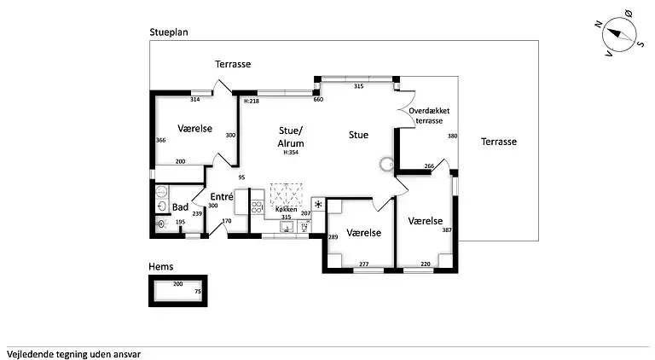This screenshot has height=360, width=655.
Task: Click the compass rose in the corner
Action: tap(621, 38)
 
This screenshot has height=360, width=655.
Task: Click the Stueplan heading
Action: tap(169, 32)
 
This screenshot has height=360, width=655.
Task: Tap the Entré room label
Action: tap(222, 196)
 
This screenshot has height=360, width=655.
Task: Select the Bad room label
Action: tap(180, 206)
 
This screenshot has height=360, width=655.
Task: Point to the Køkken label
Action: tap(286, 209)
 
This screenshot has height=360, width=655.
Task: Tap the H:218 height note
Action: tap(252, 101)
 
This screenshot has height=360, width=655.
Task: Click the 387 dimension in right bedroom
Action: tap(447, 230)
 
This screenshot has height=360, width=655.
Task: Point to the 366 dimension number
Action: tap(159, 140)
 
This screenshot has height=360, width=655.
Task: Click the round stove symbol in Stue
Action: tap(385, 164)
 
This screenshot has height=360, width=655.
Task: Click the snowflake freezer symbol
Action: tap(318, 205)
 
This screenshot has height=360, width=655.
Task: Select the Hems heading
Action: tap(160, 267)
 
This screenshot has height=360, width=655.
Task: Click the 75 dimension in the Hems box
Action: tap(198, 292)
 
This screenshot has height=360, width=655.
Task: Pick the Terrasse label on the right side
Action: tap(498, 142)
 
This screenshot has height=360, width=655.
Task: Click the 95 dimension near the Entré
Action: tap(241, 177)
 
